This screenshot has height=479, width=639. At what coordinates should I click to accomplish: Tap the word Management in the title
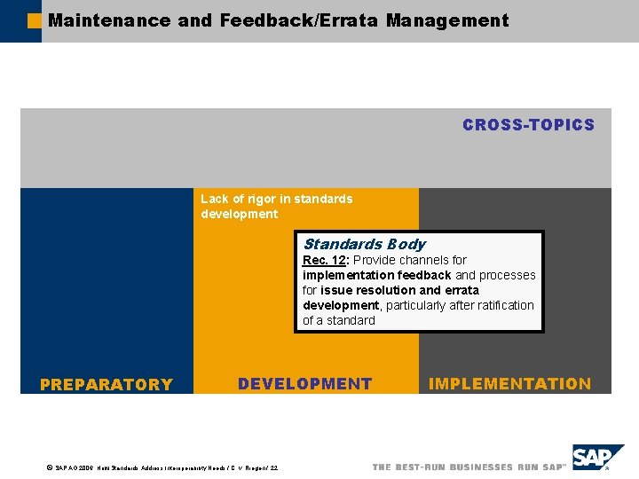coord(447,20)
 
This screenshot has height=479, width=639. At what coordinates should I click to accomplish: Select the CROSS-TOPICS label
coord(528,125)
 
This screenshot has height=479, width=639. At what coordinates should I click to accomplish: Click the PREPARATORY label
coord(106,384)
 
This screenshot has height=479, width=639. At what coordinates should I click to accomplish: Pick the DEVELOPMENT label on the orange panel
coord(304,384)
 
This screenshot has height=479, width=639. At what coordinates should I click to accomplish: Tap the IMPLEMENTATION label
coord(509,384)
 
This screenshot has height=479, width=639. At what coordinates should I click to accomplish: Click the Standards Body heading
coord(364,244)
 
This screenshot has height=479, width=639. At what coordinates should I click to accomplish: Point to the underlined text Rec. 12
coord(324,260)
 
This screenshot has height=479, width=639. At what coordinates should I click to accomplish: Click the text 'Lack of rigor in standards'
coord(276,199)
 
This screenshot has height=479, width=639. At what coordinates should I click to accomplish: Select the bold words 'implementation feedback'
coord(376,275)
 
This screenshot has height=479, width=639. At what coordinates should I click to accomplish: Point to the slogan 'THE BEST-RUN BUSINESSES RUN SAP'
coord(468,467)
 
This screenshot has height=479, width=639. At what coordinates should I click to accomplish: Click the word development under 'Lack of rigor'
coord(239,214)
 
